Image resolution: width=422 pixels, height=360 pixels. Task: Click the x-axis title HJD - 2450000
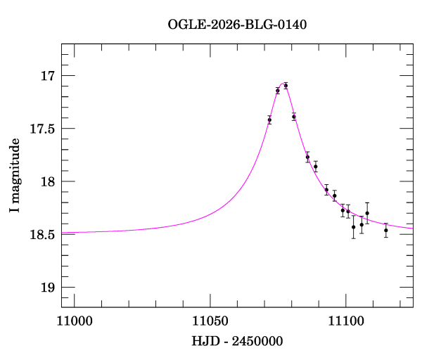click(237, 341)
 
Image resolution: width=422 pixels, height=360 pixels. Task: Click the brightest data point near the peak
click(286, 86)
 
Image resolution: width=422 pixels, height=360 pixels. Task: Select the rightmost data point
click(386, 230)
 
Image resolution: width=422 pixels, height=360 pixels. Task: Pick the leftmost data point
click(269, 120)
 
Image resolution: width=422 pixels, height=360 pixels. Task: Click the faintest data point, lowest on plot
click(386, 230)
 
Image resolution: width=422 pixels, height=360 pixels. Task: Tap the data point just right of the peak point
click(294, 117)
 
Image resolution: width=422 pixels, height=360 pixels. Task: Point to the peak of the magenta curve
click(284, 83)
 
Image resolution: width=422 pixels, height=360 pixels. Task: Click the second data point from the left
click(278, 91)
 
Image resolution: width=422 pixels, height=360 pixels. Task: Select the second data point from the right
click(367, 213)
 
